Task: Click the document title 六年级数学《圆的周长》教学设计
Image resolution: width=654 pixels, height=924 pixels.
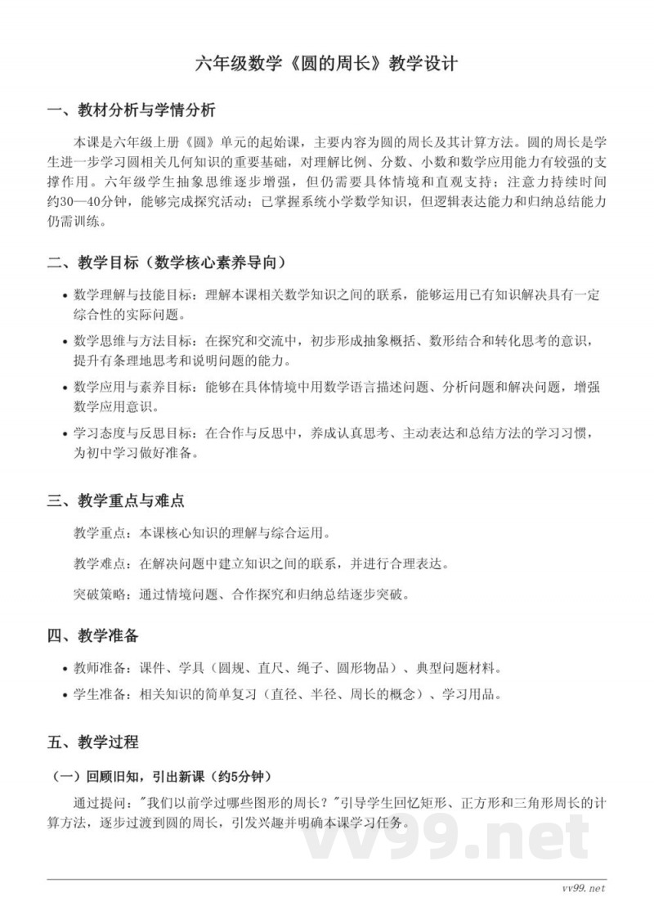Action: [x=327, y=64]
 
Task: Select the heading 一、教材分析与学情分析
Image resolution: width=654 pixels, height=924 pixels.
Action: [x=131, y=110]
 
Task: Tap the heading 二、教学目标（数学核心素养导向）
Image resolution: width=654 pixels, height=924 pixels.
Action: [x=167, y=262]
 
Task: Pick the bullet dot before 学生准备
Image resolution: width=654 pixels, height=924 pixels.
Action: [x=65, y=696]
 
